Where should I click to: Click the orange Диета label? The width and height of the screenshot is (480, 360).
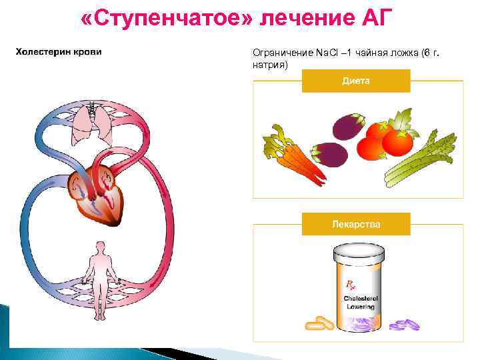pyautogui.click(x=356, y=80)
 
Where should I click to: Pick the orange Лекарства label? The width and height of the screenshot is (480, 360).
pyautogui.click(x=356, y=224)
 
